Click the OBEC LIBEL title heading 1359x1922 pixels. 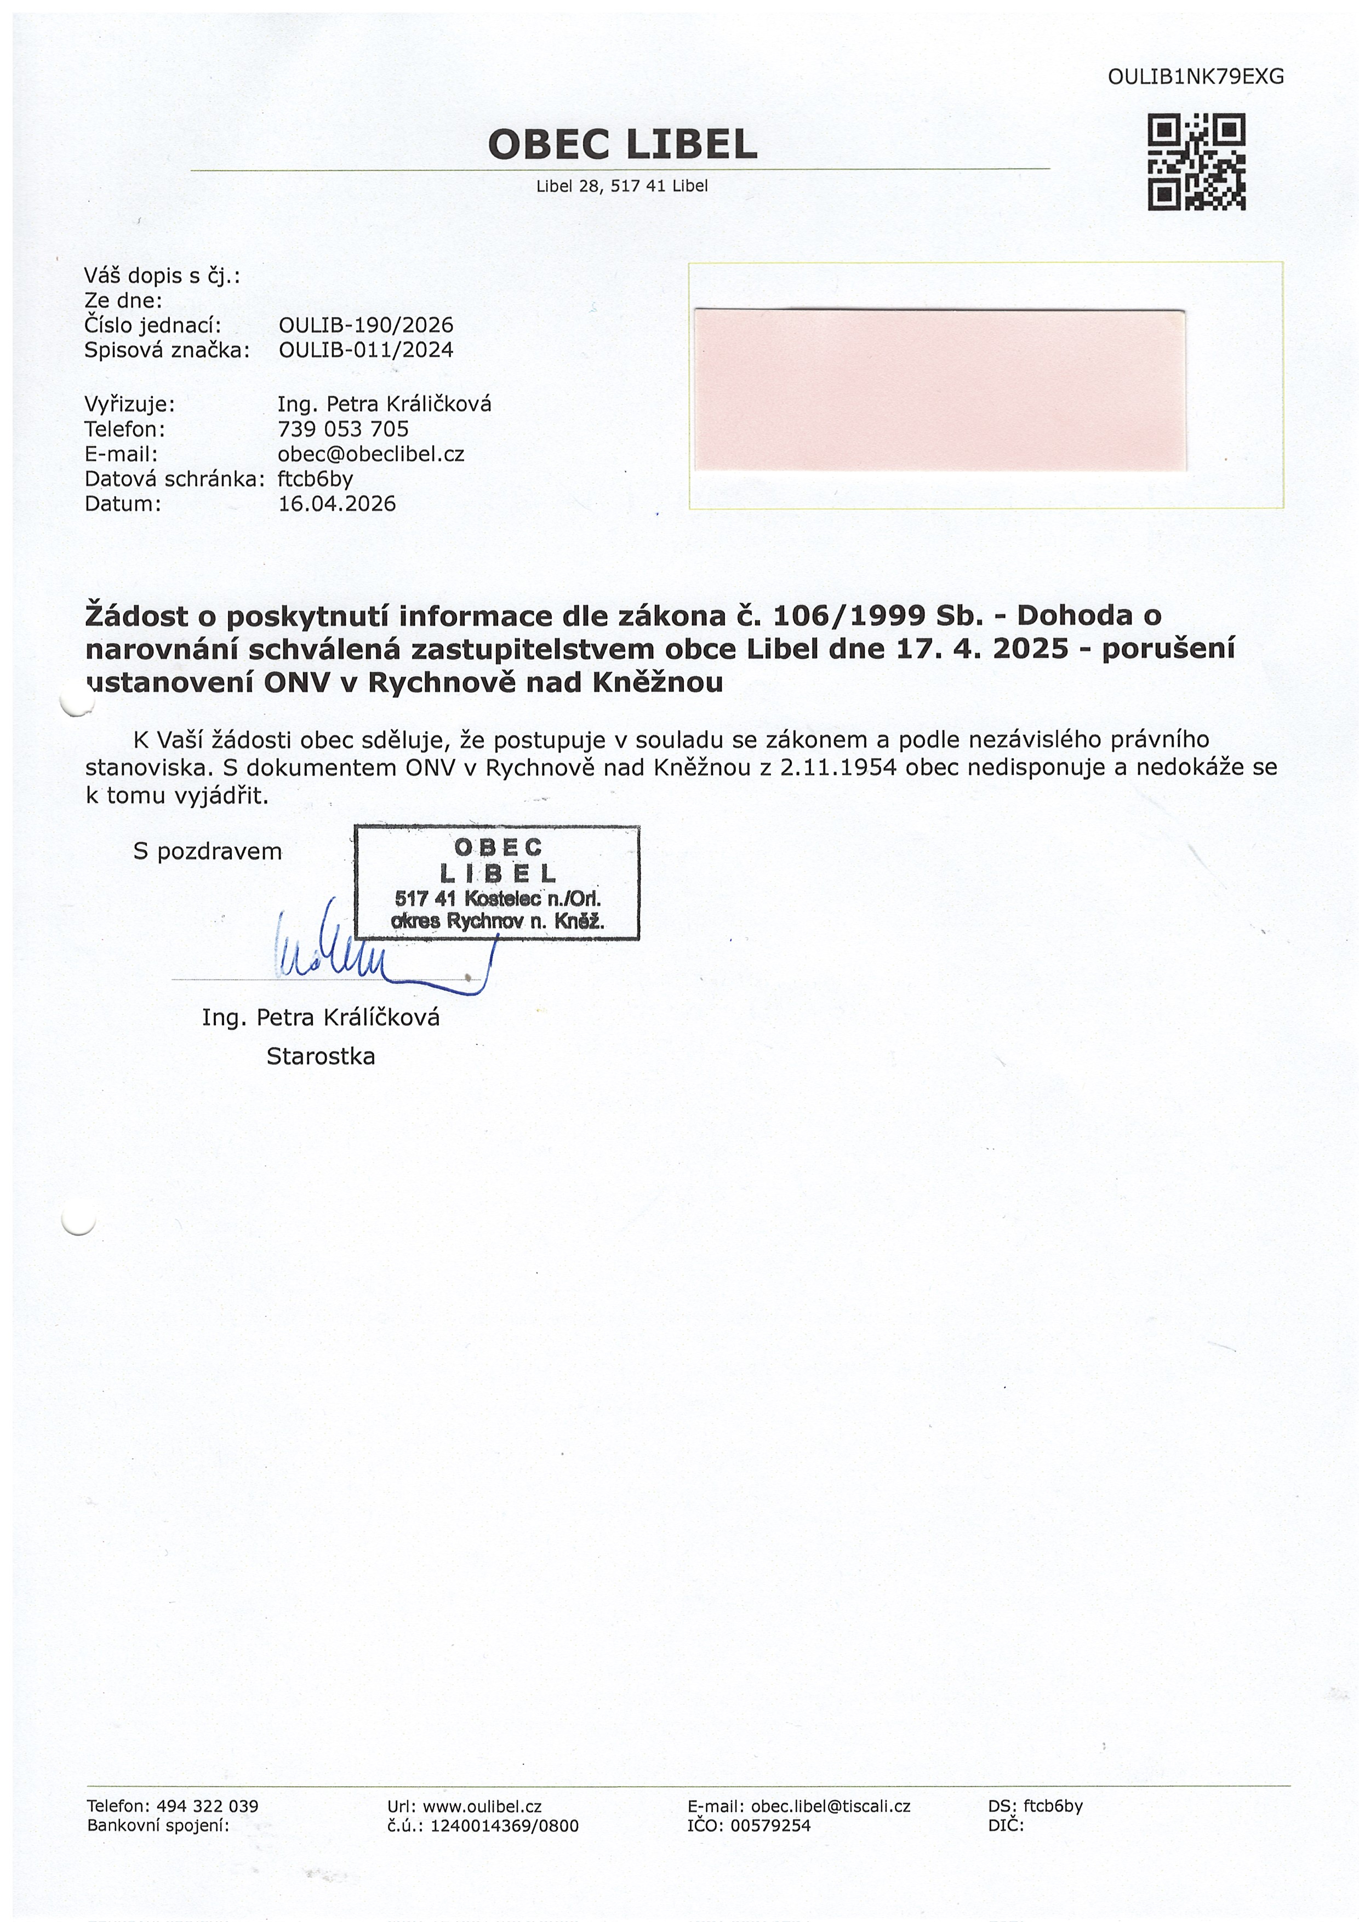(x=622, y=145)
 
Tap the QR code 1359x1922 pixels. (x=1196, y=162)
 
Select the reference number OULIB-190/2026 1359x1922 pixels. (x=366, y=325)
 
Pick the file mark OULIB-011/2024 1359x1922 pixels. (x=366, y=350)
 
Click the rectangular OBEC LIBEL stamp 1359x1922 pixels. (x=498, y=882)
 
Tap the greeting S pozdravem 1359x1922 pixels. (x=208, y=852)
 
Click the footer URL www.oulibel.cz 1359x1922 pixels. (x=482, y=1806)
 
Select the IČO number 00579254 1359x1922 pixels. (x=770, y=1826)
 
